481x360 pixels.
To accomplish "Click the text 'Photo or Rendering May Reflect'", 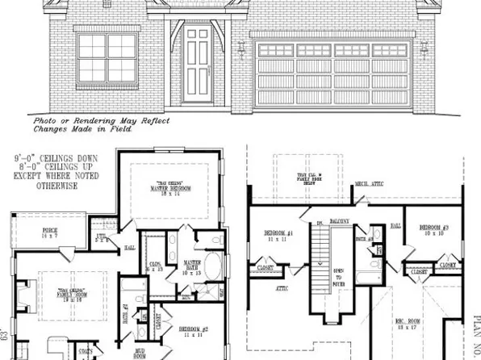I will click(101, 120).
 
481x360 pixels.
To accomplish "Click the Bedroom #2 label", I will click(194, 330).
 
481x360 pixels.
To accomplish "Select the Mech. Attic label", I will click(369, 184).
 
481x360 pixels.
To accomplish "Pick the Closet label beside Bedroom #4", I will click(265, 267).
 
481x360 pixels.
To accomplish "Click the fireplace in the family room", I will click(23, 295).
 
